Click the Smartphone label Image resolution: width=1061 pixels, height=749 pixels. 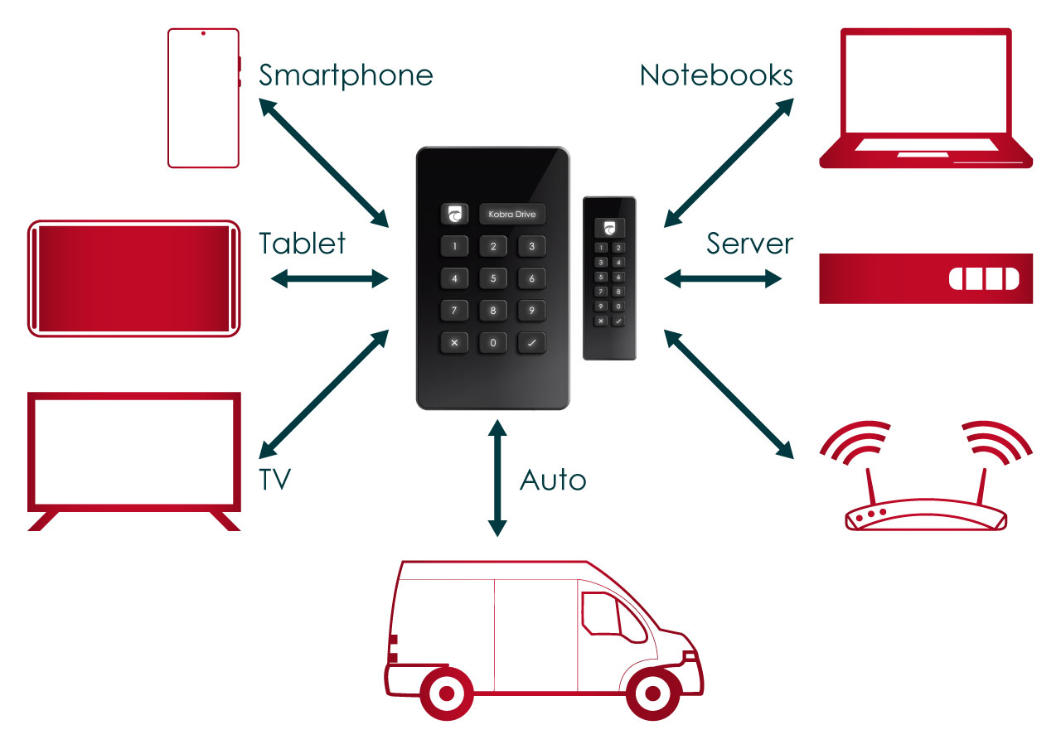[x=346, y=75]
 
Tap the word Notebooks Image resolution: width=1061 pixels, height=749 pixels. [x=716, y=75]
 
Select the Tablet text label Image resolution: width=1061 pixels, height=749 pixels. [x=302, y=244]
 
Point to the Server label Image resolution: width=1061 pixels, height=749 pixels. [x=749, y=244]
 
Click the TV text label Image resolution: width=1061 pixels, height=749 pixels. [x=275, y=480]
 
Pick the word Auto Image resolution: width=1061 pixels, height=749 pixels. [x=553, y=480]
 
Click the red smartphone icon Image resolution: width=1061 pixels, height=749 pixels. [x=203, y=98]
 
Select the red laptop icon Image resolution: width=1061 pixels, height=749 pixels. [x=925, y=99]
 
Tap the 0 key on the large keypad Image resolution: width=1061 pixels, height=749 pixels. [x=493, y=342]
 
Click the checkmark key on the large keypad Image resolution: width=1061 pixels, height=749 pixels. [x=532, y=342]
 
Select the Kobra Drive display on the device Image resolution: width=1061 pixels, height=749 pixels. [x=512, y=215]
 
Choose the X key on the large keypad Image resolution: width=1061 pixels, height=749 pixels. [x=454, y=342]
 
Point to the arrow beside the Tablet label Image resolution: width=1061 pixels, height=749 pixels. [x=330, y=278]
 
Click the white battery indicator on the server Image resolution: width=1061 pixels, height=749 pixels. [x=983, y=278]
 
